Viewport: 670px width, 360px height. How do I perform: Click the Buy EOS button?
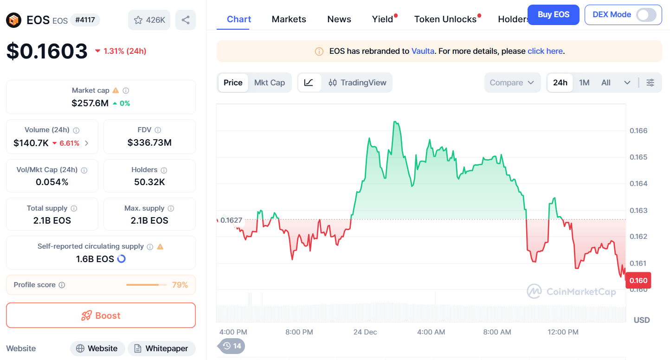[554, 15]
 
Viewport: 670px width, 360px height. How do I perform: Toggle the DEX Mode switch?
[646, 15]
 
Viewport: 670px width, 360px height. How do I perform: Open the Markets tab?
[289, 19]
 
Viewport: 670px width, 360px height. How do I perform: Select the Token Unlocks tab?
[445, 19]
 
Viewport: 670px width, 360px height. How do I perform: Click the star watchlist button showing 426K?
[149, 20]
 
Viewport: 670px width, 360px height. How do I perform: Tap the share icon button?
[186, 20]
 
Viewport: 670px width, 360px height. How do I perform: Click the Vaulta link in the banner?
[423, 51]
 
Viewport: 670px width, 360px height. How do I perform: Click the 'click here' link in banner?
[545, 51]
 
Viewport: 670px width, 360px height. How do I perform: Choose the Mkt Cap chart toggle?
[269, 83]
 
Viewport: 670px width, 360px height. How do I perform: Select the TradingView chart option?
[357, 83]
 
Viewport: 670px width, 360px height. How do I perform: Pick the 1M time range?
[584, 83]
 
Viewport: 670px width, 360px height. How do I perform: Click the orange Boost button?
[101, 315]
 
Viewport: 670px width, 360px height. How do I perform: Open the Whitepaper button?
[161, 348]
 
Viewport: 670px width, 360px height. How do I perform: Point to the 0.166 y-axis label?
[638, 131]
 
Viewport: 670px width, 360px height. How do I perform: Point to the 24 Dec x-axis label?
[365, 332]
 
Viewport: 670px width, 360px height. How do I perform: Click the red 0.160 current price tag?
[638, 281]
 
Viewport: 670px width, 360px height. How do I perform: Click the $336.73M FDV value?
[149, 143]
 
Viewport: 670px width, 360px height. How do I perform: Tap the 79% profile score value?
[180, 285]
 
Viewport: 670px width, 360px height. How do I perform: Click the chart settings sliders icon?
[651, 83]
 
